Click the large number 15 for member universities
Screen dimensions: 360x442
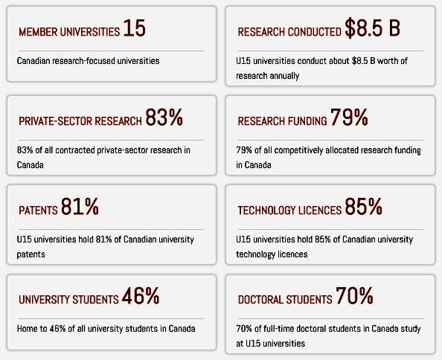point(135,29)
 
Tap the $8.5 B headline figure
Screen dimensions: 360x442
point(373,29)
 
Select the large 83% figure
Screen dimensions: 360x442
point(164,118)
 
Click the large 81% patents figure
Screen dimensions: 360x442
point(80,208)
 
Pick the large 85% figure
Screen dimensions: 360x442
point(364,208)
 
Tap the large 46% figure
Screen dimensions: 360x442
point(141,298)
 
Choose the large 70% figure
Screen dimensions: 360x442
point(354,298)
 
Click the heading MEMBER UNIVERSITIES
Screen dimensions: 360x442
point(68,33)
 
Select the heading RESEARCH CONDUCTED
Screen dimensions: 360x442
point(289,33)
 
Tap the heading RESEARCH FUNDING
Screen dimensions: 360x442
point(282,122)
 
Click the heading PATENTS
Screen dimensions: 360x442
point(38,212)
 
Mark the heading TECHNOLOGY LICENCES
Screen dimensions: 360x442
point(289,212)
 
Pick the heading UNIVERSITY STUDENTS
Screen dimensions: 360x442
point(68,301)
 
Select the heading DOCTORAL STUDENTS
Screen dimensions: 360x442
point(284,301)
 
